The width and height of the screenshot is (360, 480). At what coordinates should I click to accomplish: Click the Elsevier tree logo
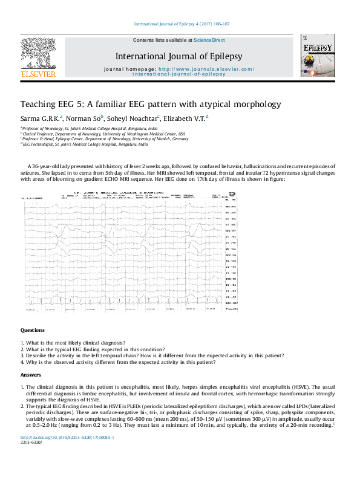38,53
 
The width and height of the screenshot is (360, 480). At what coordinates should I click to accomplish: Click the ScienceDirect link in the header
209,40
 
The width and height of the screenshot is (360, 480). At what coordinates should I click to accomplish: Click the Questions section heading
33,331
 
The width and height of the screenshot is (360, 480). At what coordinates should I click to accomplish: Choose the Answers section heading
31,375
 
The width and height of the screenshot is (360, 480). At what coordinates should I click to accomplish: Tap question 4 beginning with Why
118,362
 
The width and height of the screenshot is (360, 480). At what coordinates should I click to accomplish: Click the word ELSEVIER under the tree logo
38,74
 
